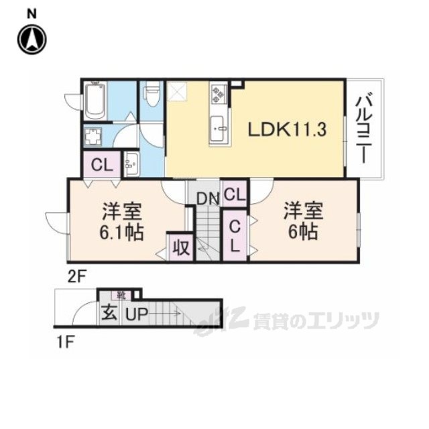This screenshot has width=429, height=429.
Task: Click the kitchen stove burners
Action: pyautogui.click(x=219, y=98)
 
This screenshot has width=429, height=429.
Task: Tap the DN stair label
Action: pyautogui.click(x=205, y=197)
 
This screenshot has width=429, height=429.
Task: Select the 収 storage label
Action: pyautogui.click(x=180, y=246)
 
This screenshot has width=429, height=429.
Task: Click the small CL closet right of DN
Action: pyautogui.click(x=234, y=195)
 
